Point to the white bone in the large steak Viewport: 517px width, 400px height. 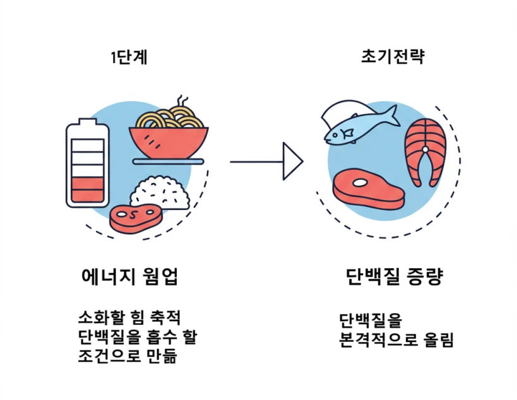360,183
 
